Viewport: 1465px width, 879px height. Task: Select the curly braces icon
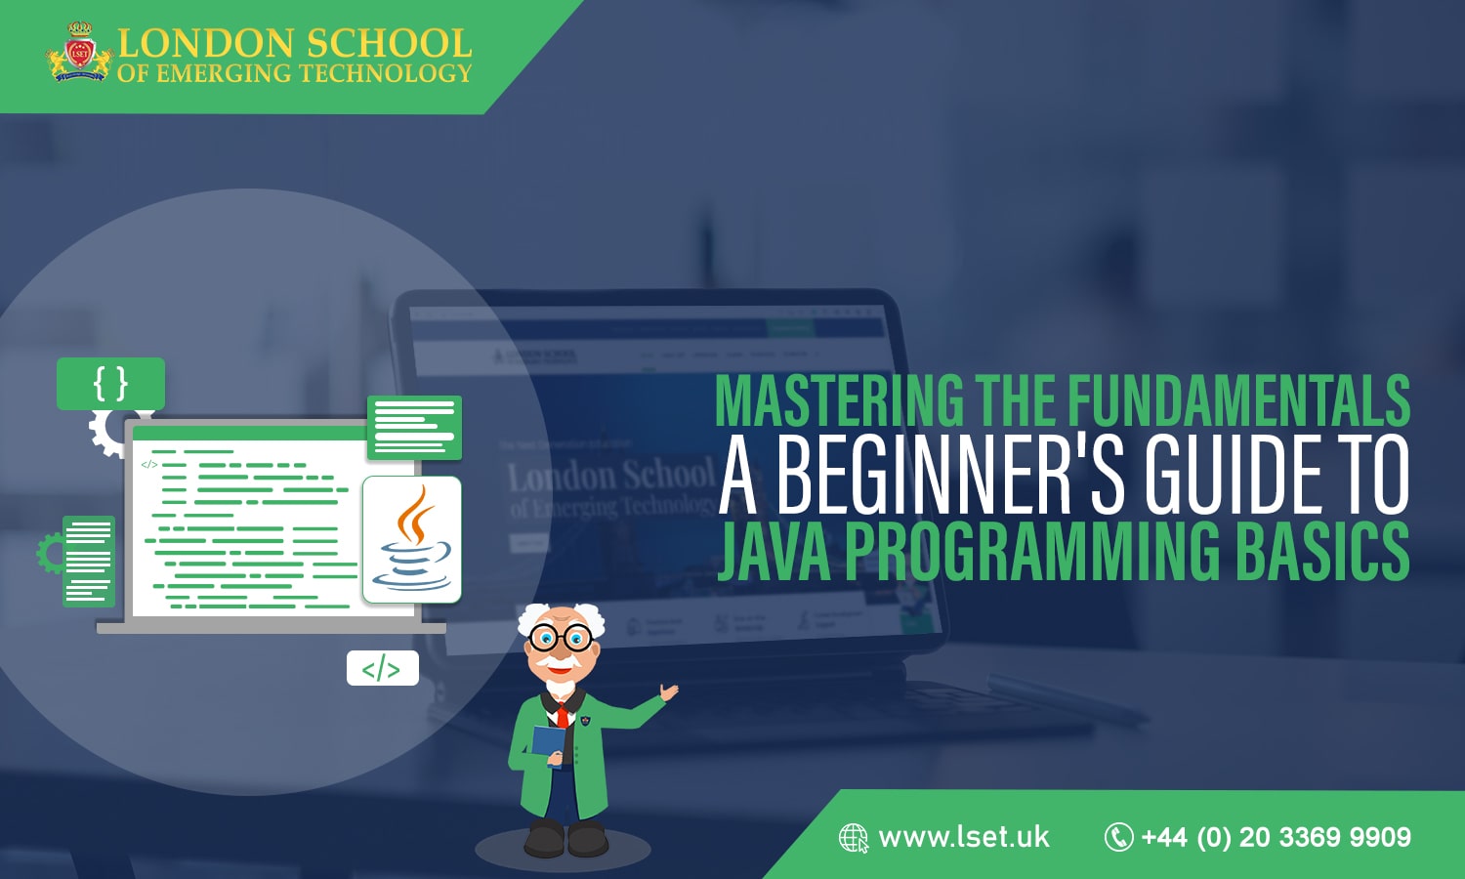point(110,384)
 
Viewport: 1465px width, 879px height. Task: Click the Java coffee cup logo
point(412,539)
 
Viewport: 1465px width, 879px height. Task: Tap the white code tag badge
point(382,669)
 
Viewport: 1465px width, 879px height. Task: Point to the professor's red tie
point(563,714)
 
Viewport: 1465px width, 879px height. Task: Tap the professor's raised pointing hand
point(668,692)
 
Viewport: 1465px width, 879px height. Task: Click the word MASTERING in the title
point(839,400)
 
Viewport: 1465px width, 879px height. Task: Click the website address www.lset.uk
point(964,837)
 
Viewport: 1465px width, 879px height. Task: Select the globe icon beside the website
point(854,838)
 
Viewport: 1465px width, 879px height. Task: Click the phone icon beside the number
point(1118,837)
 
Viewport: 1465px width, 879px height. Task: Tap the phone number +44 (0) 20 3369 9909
point(1276,837)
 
